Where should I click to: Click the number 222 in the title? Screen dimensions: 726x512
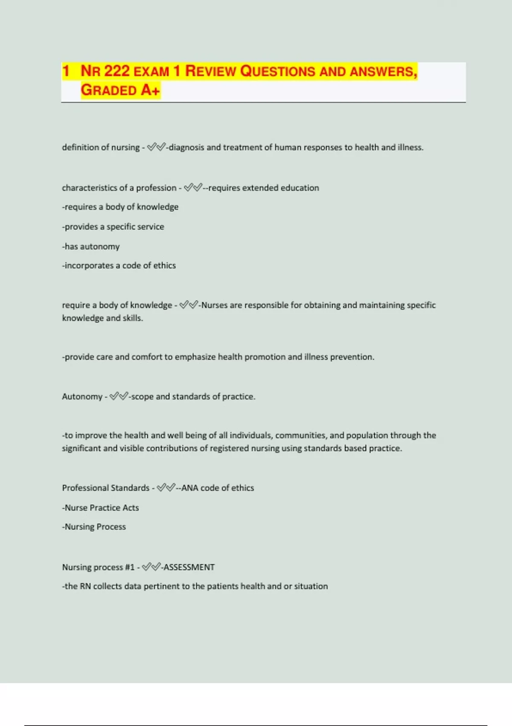(x=116, y=71)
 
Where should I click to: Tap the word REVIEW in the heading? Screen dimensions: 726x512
(x=210, y=71)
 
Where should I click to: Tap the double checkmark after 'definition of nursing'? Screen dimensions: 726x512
(x=156, y=147)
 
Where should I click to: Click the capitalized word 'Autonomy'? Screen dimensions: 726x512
(x=82, y=397)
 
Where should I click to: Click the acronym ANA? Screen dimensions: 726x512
(x=190, y=488)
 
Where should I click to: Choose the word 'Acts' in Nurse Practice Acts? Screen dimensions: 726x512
(x=131, y=508)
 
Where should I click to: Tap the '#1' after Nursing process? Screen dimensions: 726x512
(x=130, y=567)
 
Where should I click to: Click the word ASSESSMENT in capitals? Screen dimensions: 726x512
(x=189, y=567)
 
